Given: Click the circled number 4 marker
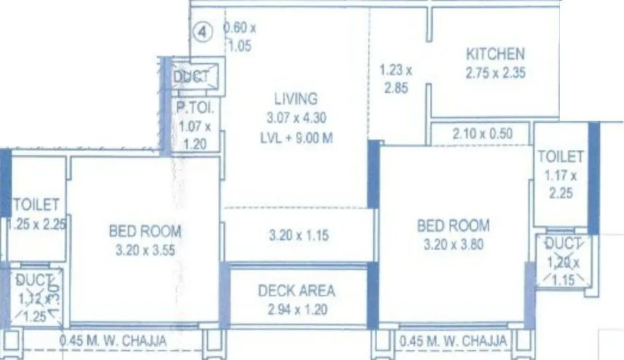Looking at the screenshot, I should tap(204, 33).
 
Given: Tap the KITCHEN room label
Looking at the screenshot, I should tap(495, 54).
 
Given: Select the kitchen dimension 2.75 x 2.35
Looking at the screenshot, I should tap(495, 72).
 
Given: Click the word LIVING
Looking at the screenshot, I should tap(295, 98).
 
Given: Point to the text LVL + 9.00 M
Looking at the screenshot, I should tap(295, 138).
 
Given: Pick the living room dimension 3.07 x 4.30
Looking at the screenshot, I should tap(295, 118).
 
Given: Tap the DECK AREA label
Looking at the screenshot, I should tap(297, 291).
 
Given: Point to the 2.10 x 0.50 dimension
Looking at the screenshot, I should tap(482, 133).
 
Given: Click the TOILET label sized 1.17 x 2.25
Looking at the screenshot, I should tap(561, 157).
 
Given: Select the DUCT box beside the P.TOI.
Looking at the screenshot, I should tap(191, 77).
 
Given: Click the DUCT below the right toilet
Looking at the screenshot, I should tap(563, 243).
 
